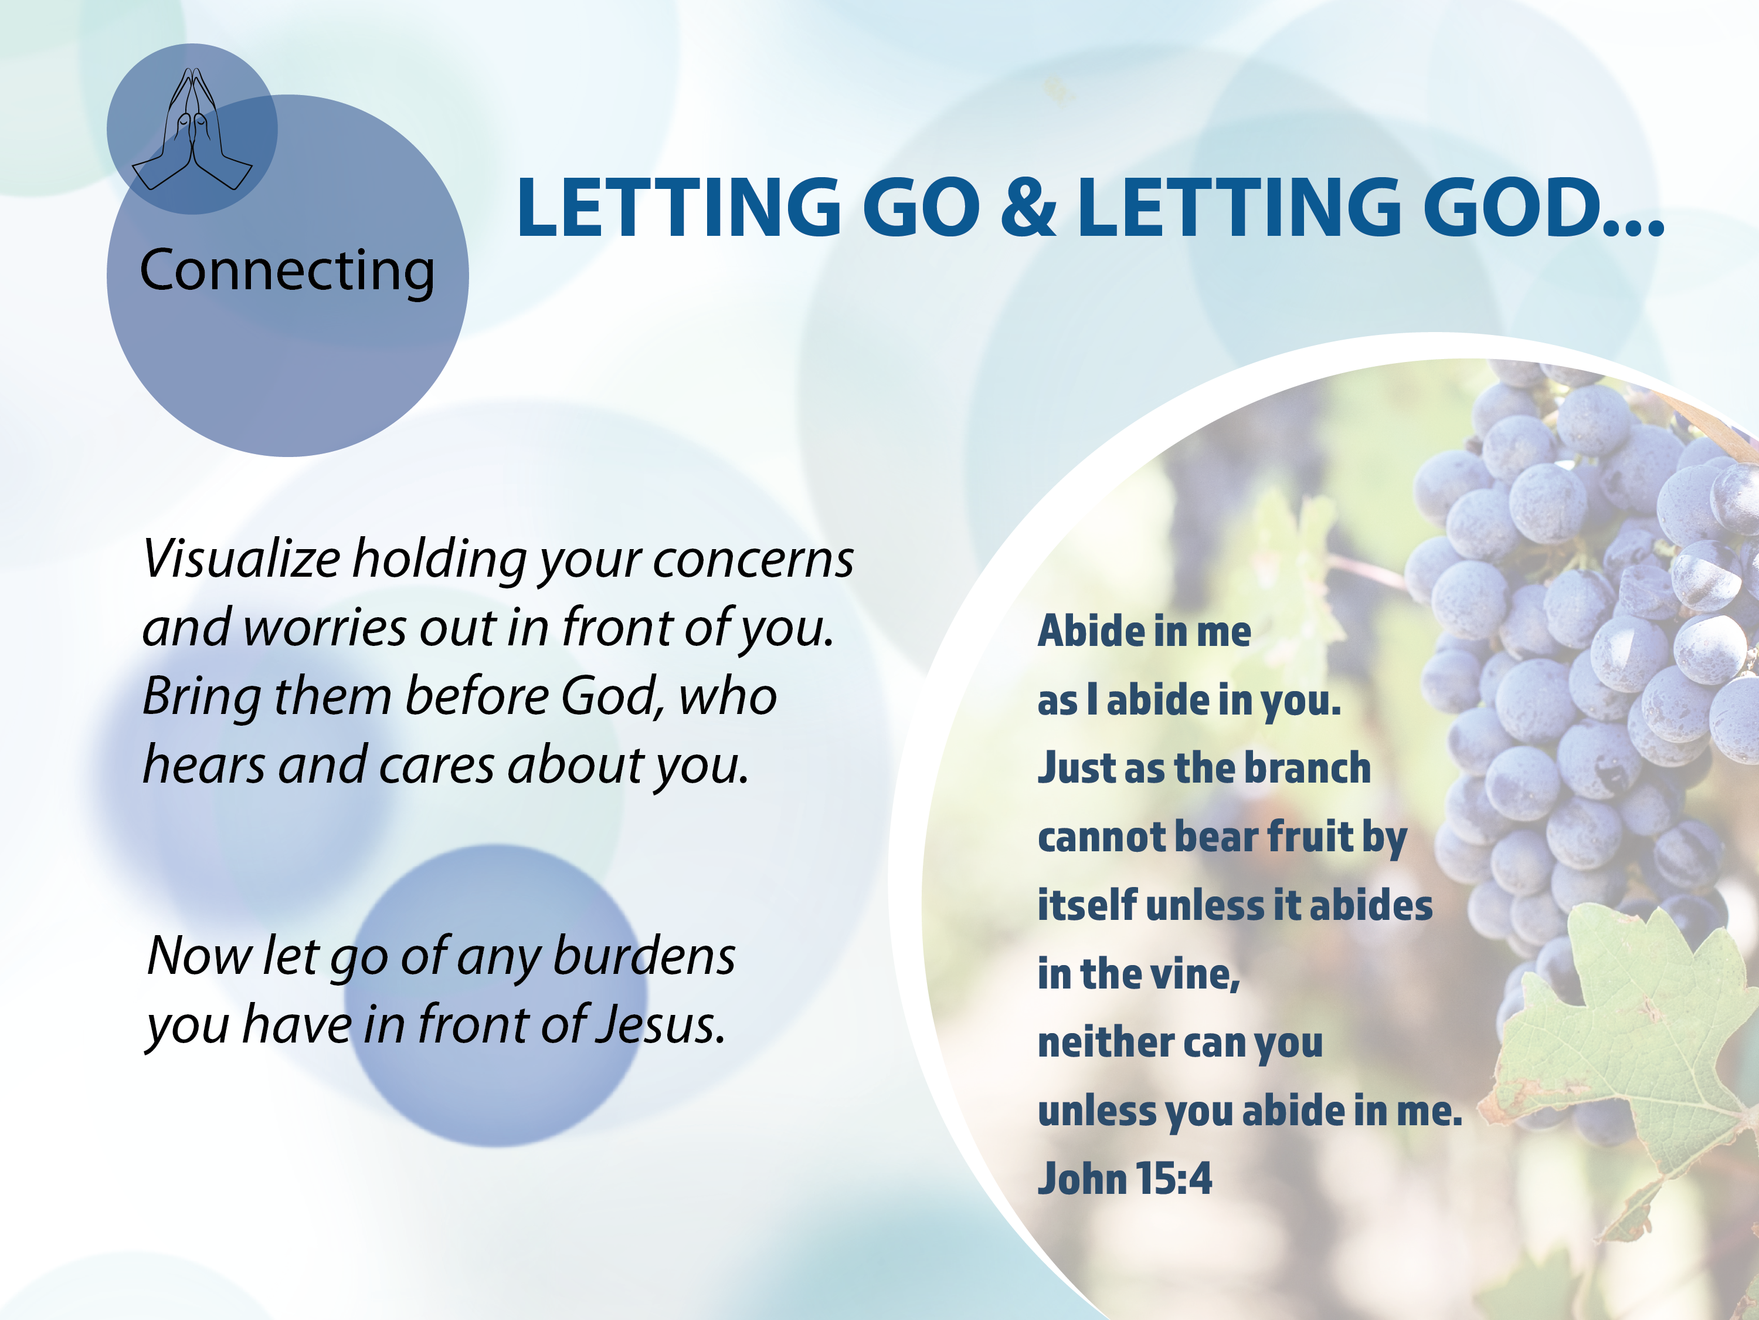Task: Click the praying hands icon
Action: tap(192, 129)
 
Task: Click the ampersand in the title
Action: tap(1028, 207)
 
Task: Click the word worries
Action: tap(325, 628)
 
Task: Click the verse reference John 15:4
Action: tap(1125, 1179)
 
